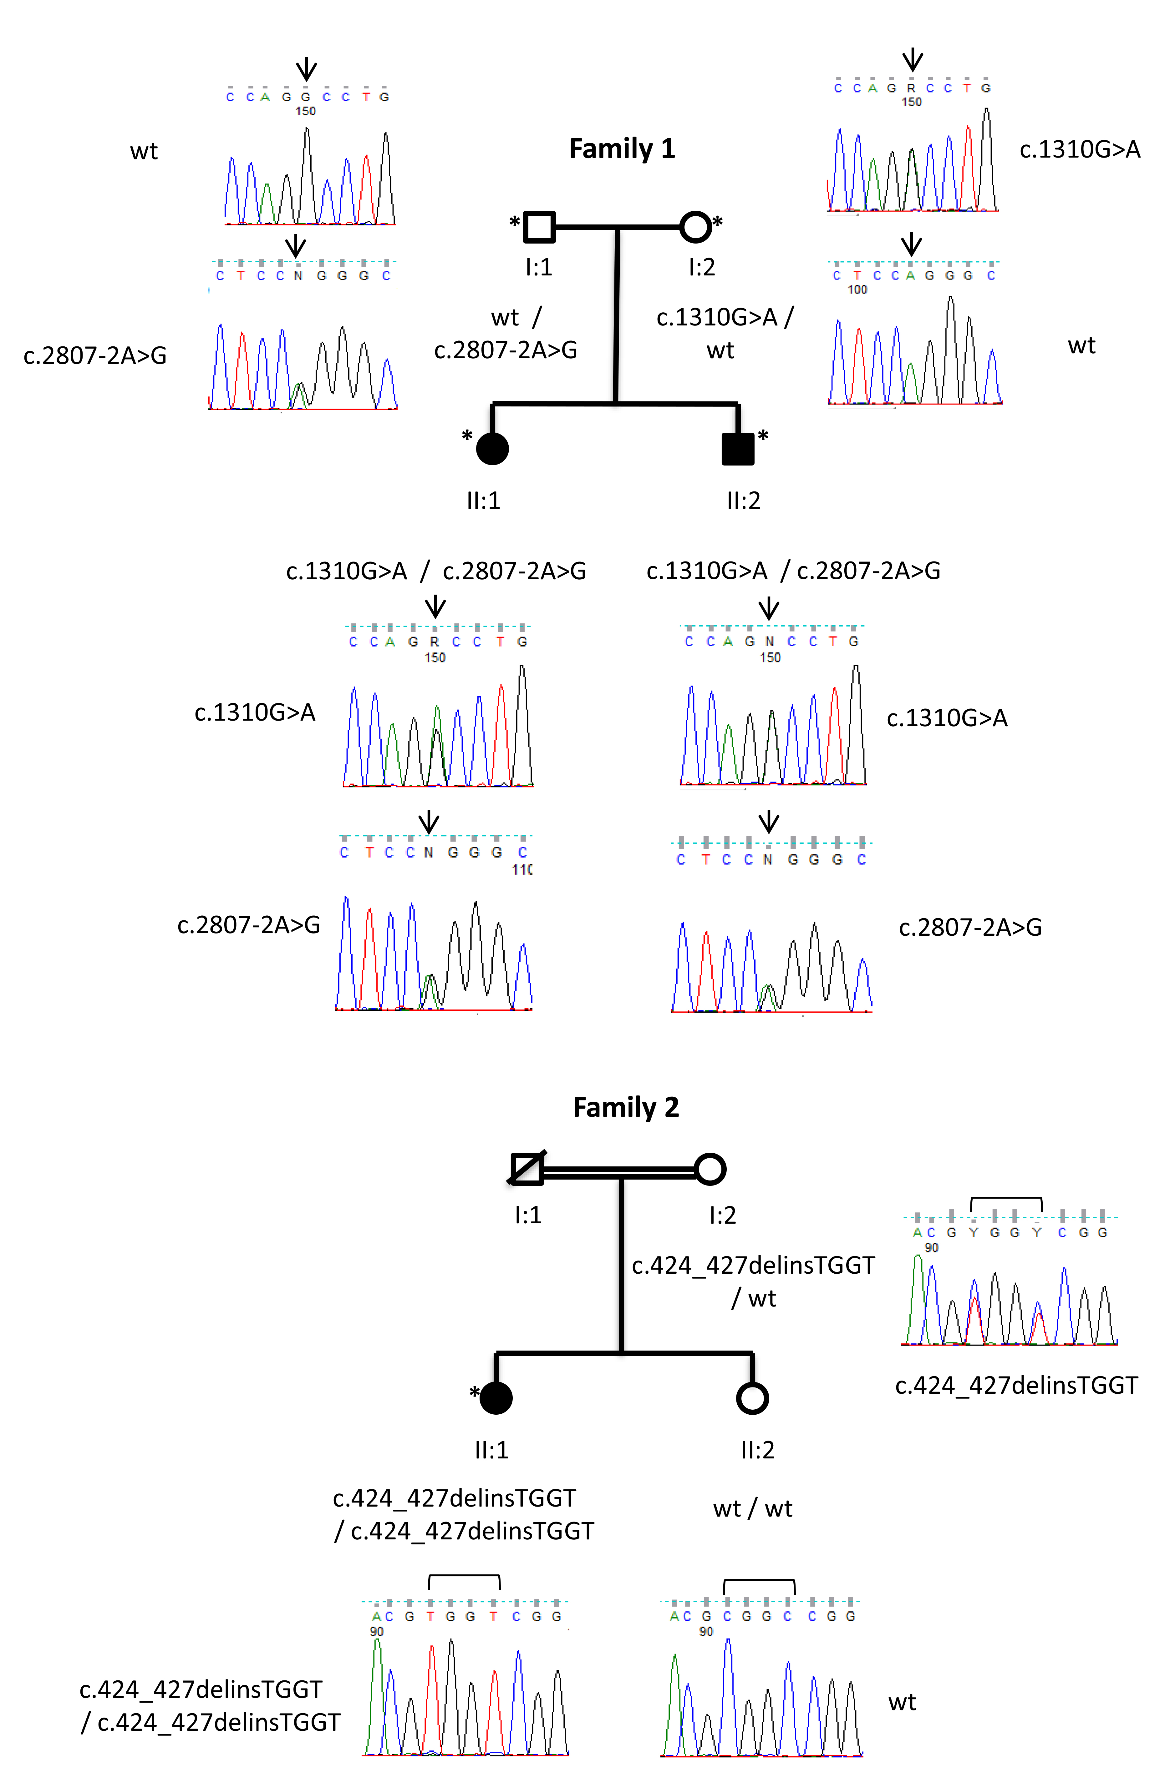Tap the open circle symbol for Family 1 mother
click(x=694, y=226)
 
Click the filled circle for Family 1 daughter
click(x=493, y=449)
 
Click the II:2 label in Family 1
click(x=743, y=501)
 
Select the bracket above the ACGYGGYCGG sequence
click(x=1006, y=1202)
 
